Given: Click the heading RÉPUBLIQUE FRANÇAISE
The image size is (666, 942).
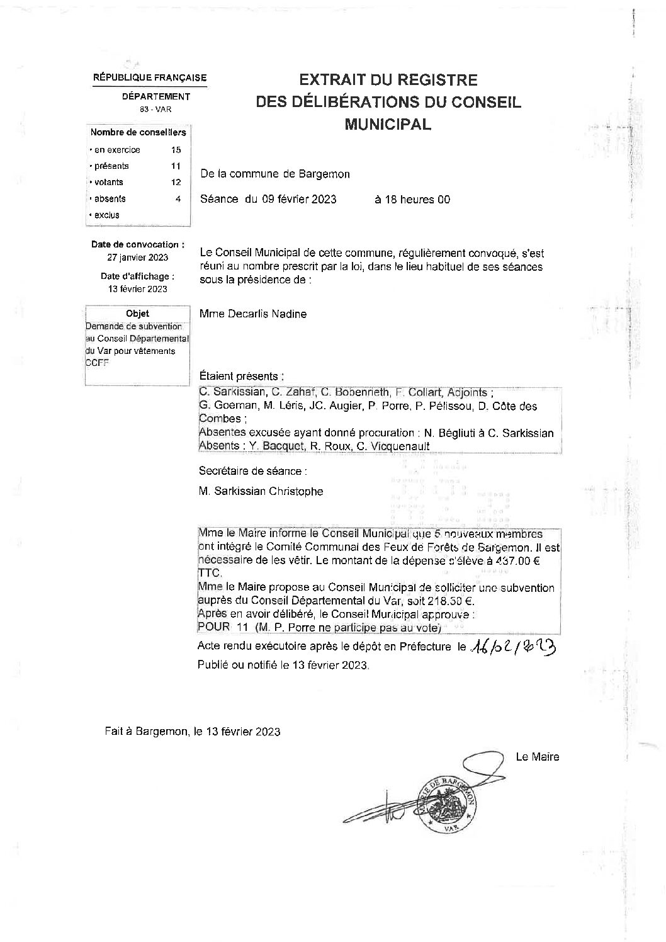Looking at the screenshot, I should click(x=150, y=78).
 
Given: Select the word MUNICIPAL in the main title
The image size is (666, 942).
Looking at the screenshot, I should click(x=388, y=124).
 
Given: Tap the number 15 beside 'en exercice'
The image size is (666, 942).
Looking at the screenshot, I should click(x=176, y=150).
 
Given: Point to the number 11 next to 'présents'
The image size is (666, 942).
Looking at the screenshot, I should click(x=176, y=166).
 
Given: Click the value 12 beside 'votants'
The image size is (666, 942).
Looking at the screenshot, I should click(x=176, y=183).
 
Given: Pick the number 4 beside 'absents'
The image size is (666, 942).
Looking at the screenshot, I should click(x=178, y=199).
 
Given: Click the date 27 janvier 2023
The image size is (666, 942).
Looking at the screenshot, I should click(x=138, y=257).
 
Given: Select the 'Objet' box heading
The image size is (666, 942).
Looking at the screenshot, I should click(x=138, y=314).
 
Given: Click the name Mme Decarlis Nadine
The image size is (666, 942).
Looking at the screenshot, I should click(x=253, y=314).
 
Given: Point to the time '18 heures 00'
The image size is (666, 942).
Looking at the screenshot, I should click(x=412, y=200).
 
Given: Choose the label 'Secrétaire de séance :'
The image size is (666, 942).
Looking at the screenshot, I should click(x=254, y=470).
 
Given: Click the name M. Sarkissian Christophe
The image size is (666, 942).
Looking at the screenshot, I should click(x=261, y=491).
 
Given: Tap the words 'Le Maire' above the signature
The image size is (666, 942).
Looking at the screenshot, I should click(x=537, y=757).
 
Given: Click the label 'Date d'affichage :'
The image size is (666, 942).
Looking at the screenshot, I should click(x=138, y=276).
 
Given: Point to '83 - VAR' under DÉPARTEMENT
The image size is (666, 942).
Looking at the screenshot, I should click(x=155, y=110).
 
